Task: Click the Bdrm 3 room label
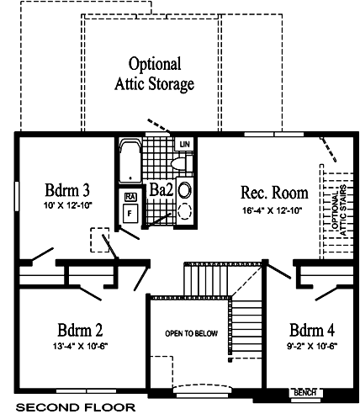coord(67,190)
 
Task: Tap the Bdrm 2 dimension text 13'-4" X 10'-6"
coord(81,347)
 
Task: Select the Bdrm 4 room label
coord(312,330)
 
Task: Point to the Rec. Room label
coord(274,193)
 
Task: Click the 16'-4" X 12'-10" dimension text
coord(272,210)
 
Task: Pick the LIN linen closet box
coord(184,144)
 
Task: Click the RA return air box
coord(130,197)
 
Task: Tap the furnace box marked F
coord(130,214)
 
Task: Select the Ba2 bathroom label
coord(161,190)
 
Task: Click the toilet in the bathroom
coord(182,163)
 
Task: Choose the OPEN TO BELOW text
coord(191,333)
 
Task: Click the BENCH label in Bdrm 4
coord(305,393)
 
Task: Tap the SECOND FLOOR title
coord(76,407)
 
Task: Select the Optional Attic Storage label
coord(155,74)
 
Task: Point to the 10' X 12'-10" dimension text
coord(68,205)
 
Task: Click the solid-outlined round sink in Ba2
coord(185,190)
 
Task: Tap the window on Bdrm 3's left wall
coord(17,196)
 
